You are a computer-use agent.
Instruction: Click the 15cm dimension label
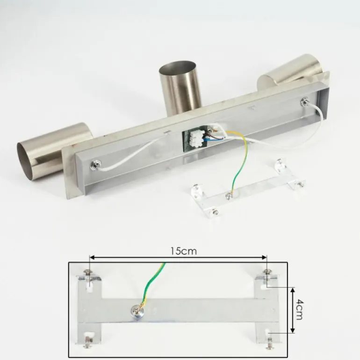pos(184,251)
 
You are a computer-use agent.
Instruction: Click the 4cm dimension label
pos(299,310)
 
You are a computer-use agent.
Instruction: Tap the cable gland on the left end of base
pos(95,165)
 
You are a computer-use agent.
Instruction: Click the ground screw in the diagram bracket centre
pos(136,311)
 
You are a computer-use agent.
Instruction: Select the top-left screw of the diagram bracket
pos(88,272)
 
